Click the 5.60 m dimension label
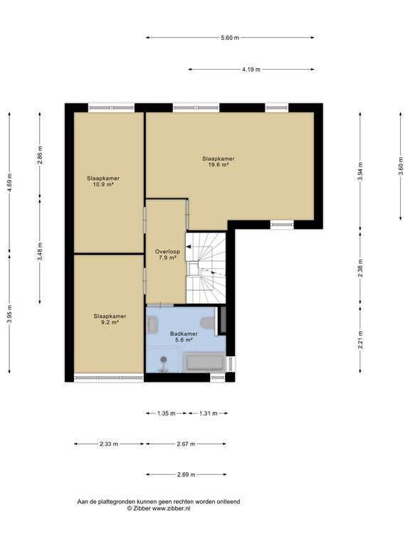230,38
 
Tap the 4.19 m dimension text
251,69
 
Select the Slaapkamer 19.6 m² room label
219,161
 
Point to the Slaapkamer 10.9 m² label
103,181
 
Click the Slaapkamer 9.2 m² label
110,319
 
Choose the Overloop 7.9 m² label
167,255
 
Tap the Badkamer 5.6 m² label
184,337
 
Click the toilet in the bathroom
208,323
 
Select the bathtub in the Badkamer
204,362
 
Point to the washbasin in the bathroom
152,324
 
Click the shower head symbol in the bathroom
163,364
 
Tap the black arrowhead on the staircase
188,247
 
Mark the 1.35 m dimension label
167,413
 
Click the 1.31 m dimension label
208,413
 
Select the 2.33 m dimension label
109,444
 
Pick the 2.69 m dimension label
186,474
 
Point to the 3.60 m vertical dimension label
401,171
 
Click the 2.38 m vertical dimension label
360,268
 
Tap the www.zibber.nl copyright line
159,508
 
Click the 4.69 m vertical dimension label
9,183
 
